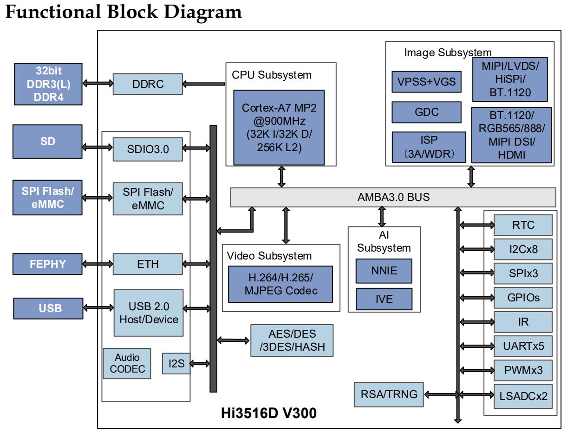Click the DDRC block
point(148,84)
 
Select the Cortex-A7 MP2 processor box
point(279,127)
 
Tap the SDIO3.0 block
point(148,149)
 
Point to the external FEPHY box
point(47,264)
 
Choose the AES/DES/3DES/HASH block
point(292,340)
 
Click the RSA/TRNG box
point(389,395)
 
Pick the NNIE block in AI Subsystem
point(384,271)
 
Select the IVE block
point(384,299)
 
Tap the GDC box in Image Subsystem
point(426,112)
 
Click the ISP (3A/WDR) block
point(429,147)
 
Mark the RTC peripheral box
point(523,225)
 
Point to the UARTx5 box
point(523,346)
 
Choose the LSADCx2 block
point(523,396)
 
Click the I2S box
point(176,364)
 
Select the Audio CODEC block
point(127,363)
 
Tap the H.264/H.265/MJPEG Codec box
point(280,284)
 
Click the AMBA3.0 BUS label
point(393,197)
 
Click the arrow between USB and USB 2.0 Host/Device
point(98,308)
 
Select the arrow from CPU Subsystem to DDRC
point(204,84)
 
